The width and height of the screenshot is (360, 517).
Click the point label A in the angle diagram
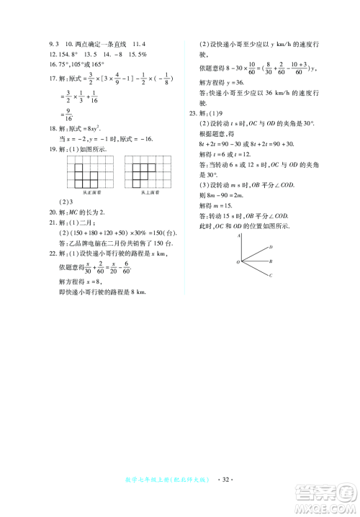pos(238,235)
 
